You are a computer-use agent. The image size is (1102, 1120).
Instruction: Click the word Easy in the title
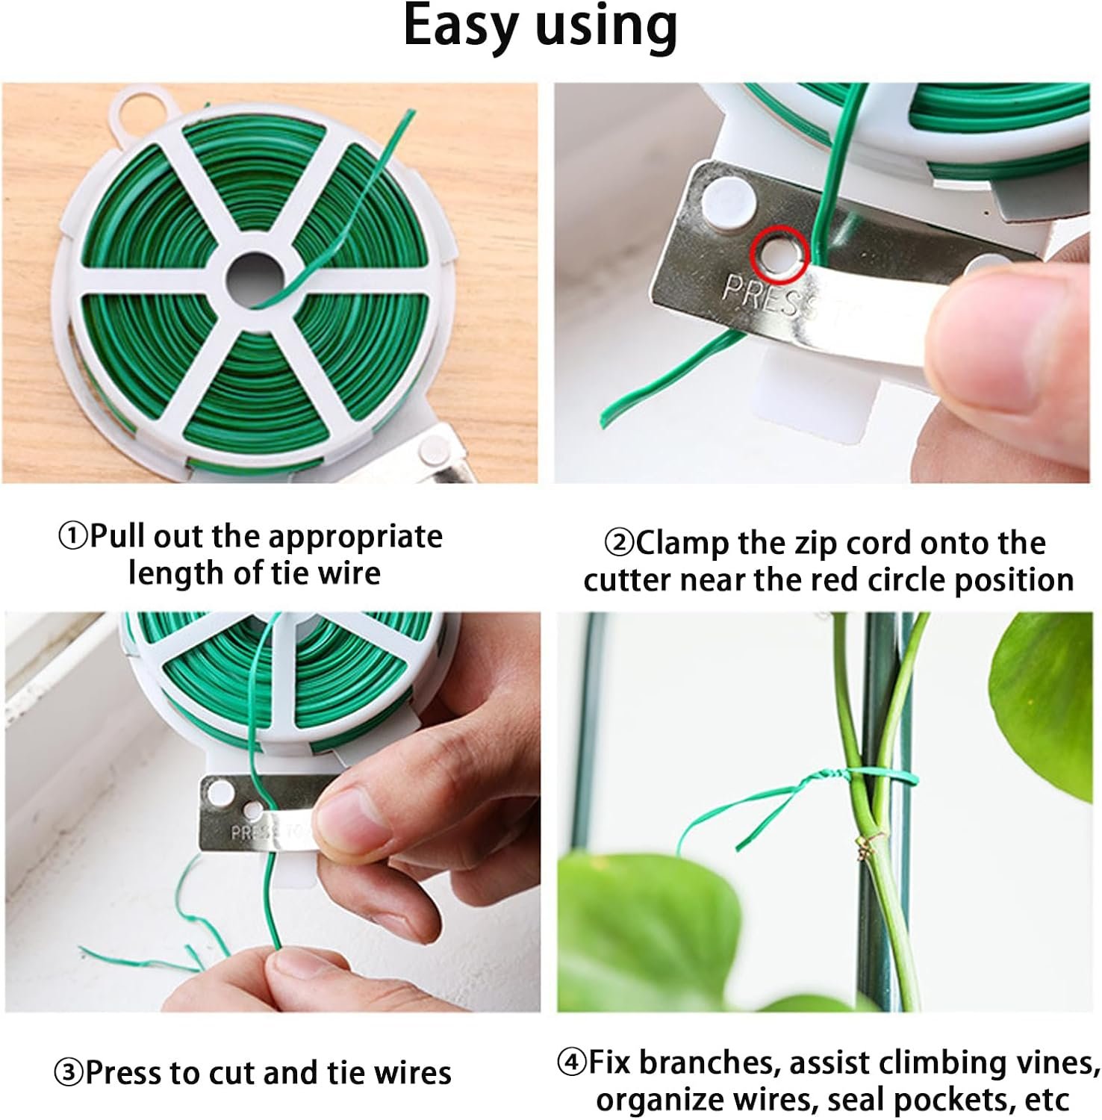tap(459, 27)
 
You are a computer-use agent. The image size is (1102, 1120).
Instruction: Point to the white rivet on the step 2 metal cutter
tap(722, 196)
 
